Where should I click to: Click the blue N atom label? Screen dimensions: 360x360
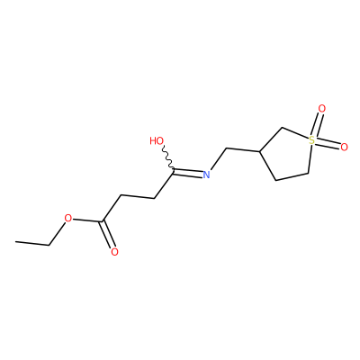coord(206,175)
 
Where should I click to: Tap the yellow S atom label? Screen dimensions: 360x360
coord(312,139)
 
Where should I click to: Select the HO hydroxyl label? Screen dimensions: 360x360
coord(157,140)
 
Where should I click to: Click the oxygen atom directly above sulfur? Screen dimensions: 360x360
coord(321,108)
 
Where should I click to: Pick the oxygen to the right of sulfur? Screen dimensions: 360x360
coord(344,147)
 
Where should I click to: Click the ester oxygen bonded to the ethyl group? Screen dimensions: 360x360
coord(68,218)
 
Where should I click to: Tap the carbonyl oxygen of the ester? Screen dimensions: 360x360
coord(114,252)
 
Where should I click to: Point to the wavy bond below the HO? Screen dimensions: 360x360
coord(168,157)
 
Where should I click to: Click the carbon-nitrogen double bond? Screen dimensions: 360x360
coord(187,173)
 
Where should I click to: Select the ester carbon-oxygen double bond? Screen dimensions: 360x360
coord(109,235)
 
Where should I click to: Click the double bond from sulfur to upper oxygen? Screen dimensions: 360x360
coord(317,124)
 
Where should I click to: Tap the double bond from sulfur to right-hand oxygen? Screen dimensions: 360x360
coord(328,143)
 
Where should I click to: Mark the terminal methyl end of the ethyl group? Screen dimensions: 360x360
coord(15,241)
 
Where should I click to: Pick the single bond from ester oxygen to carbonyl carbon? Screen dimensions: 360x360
coord(87,220)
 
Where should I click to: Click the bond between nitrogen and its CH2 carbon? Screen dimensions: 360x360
coord(218,158)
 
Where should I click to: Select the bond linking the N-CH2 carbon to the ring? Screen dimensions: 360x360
coord(243,150)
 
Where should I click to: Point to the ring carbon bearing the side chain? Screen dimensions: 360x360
coord(260,152)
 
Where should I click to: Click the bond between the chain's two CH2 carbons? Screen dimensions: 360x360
coord(138,197)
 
